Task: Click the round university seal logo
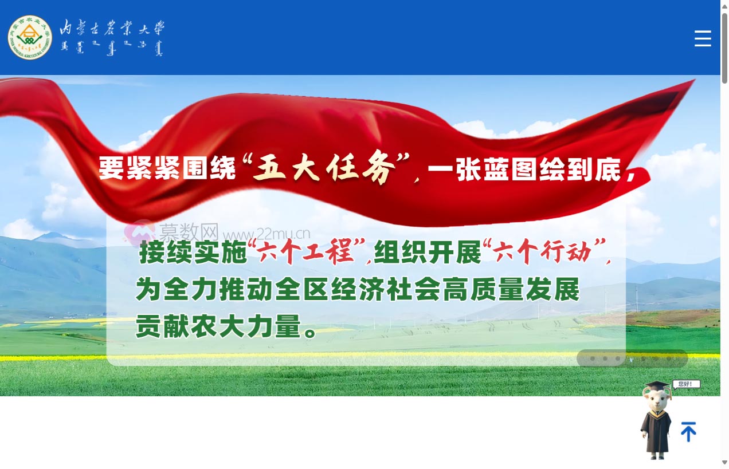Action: coord(30,38)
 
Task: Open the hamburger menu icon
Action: coord(703,39)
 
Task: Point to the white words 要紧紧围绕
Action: coord(167,169)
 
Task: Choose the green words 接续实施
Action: coord(193,253)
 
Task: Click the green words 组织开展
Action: coord(427,253)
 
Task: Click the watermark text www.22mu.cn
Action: coord(267,234)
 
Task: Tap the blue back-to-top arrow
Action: coord(688,432)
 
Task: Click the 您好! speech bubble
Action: coord(686,384)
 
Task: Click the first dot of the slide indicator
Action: coord(593,358)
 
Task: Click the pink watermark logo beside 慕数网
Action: coord(139,231)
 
